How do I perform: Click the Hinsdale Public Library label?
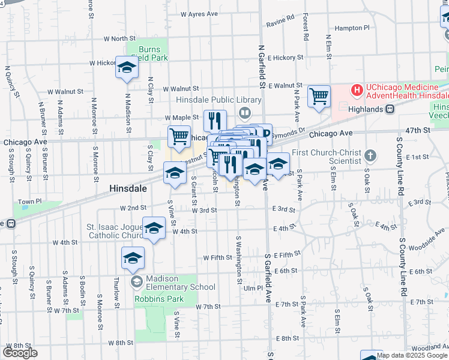click(218, 100)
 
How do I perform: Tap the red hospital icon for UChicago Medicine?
click(357, 91)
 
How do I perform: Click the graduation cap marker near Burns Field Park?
click(127, 68)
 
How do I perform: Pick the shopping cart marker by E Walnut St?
click(319, 96)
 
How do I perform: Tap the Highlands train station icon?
click(390, 109)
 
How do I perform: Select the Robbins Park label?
click(151, 298)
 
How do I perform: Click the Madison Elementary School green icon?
click(137, 281)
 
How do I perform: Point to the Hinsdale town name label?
click(128, 188)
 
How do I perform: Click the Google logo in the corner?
click(20, 353)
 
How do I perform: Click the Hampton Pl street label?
click(352, 28)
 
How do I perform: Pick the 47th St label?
click(418, 130)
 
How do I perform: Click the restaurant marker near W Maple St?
click(214, 120)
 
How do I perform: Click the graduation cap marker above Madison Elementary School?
click(133, 258)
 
